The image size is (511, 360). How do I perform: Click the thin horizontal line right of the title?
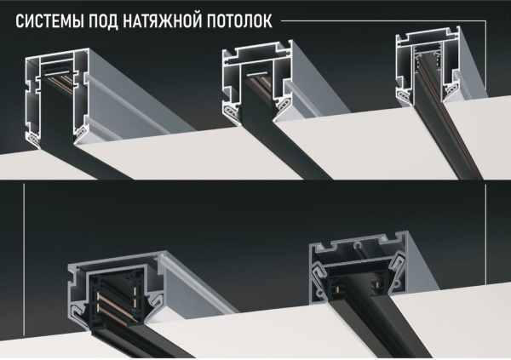click(x=383, y=18)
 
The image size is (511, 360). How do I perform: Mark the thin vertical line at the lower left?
click(x=25, y=272)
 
